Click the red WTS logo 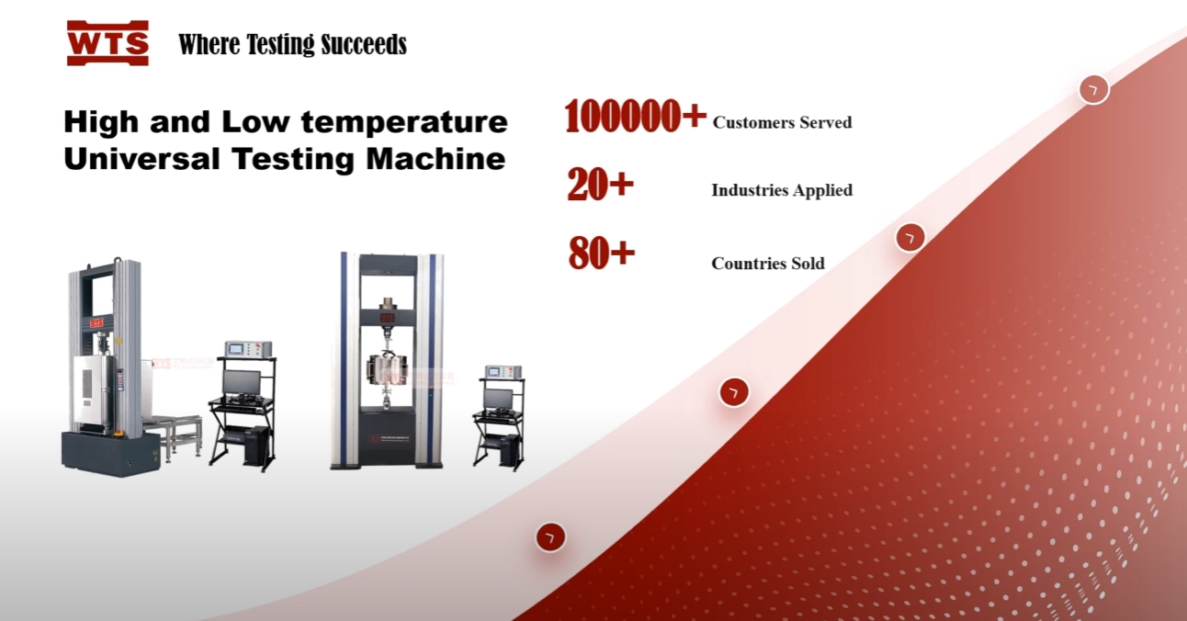click(107, 43)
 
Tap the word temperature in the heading click(404, 123)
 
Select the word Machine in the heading click(435, 159)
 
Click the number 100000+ click(636, 116)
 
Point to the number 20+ click(600, 185)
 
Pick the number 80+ click(602, 254)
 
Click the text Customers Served click(782, 122)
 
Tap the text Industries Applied click(782, 190)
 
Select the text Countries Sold click(768, 264)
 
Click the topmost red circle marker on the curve click(1093, 89)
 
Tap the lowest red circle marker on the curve click(550, 537)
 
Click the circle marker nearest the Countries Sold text click(910, 237)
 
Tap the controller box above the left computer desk click(248, 349)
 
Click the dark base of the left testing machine click(110, 453)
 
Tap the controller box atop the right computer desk click(503, 372)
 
